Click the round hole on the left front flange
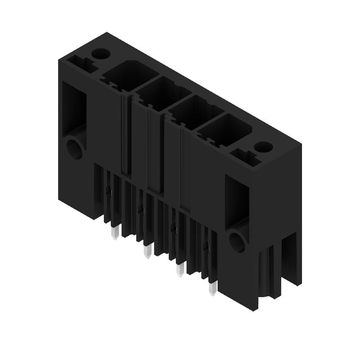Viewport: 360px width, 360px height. point(74,148)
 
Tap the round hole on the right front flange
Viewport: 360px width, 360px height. point(237,241)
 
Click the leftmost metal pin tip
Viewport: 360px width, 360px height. point(115,234)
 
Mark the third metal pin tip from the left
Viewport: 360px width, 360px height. point(180,271)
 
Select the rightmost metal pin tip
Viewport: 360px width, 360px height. point(212,290)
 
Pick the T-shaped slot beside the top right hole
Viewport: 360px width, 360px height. point(246,157)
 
